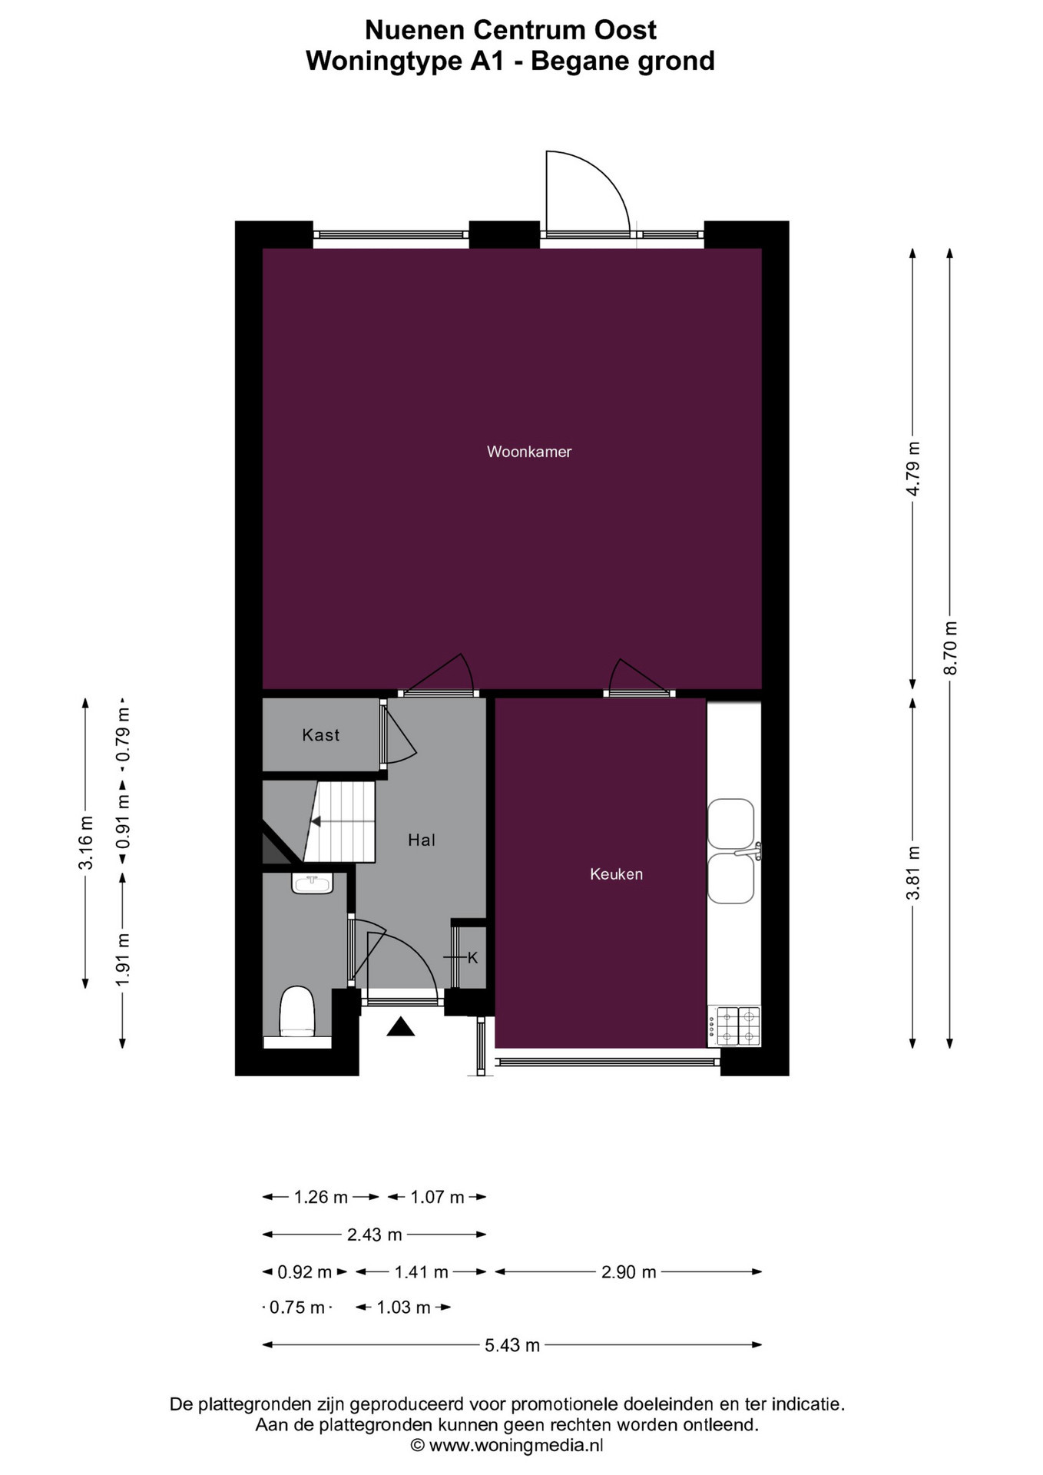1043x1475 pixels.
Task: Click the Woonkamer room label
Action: tap(529, 452)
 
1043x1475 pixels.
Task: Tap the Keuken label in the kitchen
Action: tap(616, 873)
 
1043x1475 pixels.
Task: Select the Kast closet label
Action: tap(320, 735)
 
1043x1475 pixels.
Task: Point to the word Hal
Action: tap(422, 840)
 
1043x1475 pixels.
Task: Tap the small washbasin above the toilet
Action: tap(312, 883)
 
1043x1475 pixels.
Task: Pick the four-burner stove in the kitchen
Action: tap(734, 1026)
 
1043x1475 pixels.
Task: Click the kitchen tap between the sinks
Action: tap(748, 851)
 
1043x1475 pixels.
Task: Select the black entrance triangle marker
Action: tap(400, 1026)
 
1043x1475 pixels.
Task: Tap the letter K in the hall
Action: tap(472, 958)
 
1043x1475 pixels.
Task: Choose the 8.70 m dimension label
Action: tap(951, 648)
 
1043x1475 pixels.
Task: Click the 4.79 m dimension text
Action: tap(913, 469)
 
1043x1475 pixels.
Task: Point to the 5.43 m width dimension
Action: tap(512, 1345)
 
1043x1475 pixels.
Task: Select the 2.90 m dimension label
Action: tap(629, 1272)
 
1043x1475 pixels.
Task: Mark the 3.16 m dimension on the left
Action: tap(86, 843)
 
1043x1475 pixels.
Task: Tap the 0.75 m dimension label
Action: tap(297, 1308)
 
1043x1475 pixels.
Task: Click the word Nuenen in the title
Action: tap(415, 30)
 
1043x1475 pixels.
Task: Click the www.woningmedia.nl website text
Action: tap(515, 1446)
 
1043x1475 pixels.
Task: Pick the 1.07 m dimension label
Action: tap(437, 1197)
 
